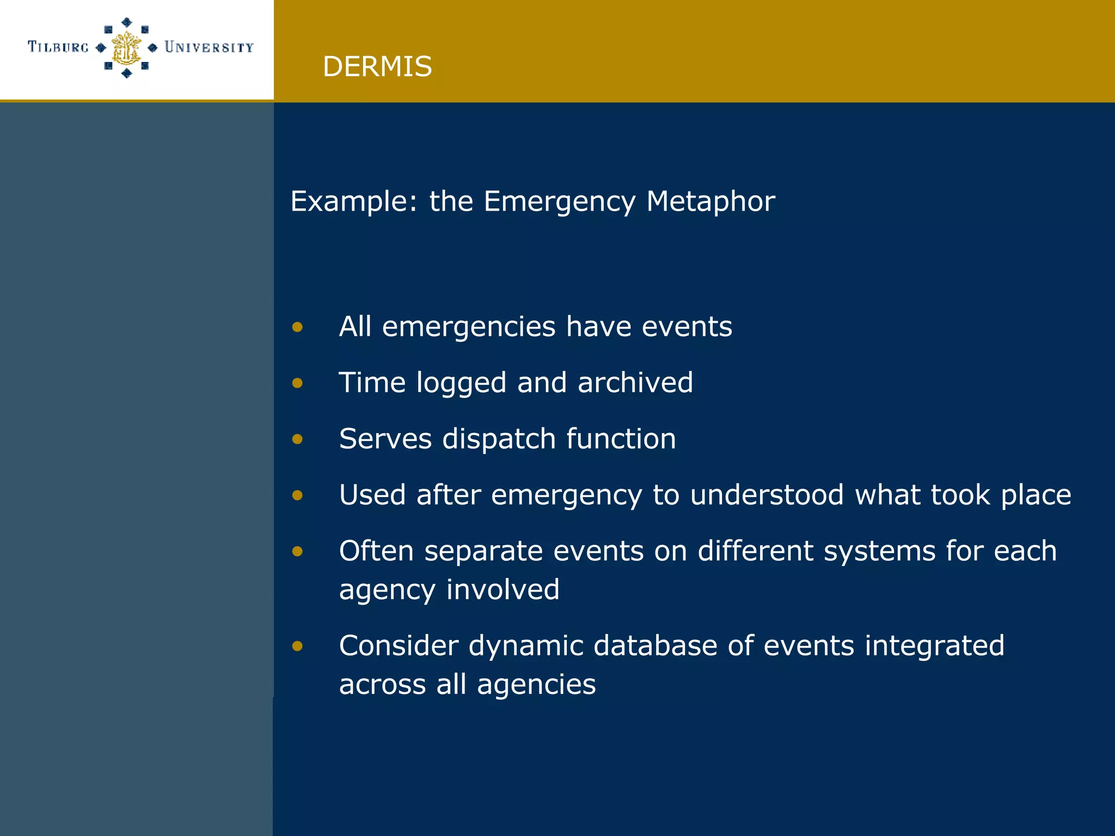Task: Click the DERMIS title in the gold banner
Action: point(377,66)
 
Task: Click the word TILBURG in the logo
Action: point(58,47)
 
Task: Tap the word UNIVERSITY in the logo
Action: point(209,47)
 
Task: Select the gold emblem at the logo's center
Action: point(126,48)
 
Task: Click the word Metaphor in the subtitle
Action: point(710,201)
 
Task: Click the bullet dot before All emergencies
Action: point(297,327)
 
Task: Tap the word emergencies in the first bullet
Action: point(469,327)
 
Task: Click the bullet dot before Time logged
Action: point(297,383)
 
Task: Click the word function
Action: point(621,439)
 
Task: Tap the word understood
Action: point(767,495)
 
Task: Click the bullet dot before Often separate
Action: point(297,551)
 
